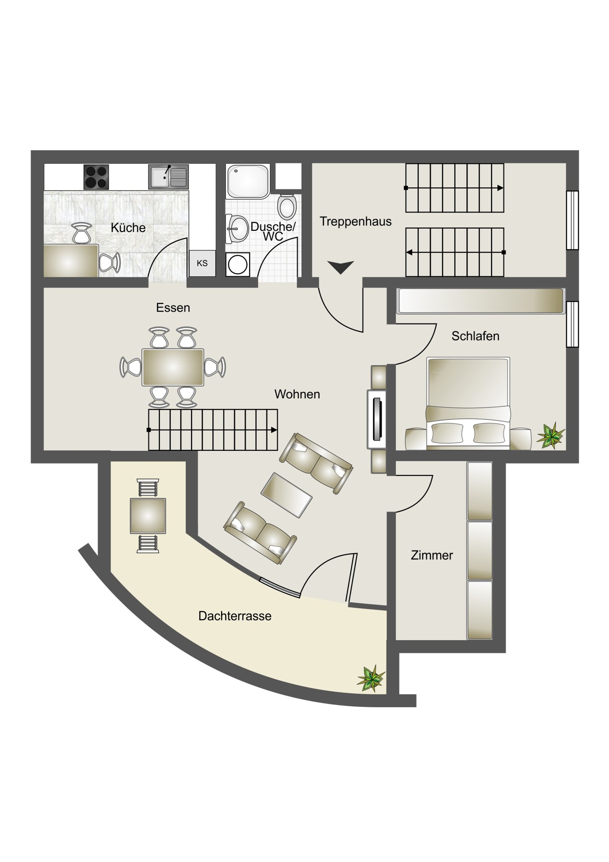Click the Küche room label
point(128,228)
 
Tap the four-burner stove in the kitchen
point(96,177)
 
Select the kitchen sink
point(168,177)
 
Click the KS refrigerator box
point(202,263)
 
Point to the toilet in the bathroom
point(287,207)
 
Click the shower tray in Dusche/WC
point(248,181)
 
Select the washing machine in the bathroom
point(237,265)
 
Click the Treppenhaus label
point(355,221)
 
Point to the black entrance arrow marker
point(341,268)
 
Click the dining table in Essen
point(173,367)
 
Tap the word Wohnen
point(297,394)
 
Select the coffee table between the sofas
point(286,495)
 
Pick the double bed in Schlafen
point(469,403)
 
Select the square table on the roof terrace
point(148,516)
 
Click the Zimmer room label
point(432,555)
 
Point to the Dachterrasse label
point(235,616)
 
